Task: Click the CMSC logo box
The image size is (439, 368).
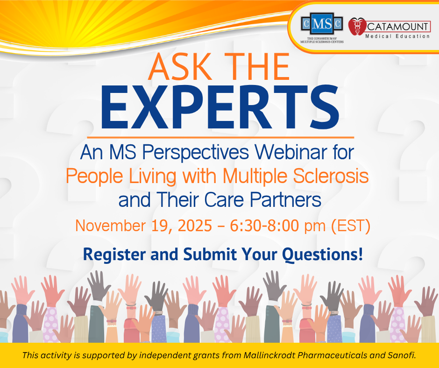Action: [x=322, y=24]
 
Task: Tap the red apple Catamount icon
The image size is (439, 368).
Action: [x=357, y=27]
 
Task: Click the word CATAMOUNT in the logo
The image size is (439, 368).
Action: [x=397, y=27]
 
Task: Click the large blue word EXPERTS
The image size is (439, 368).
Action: [x=220, y=107]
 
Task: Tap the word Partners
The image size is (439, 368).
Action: [x=285, y=200]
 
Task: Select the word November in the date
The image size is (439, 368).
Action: [x=110, y=226]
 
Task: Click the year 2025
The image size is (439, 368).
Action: [x=195, y=226]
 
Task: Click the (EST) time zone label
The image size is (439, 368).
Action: [x=351, y=226]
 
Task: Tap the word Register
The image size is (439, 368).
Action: [x=114, y=255]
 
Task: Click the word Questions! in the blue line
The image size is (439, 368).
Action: [x=322, y=255]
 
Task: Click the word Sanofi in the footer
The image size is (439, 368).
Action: [x=402, y=355]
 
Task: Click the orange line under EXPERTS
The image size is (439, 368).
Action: [x=220, y=137]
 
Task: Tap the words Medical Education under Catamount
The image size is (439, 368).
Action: [x=397, y=36]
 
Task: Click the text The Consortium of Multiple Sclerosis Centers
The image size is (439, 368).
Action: [x=322, y=40]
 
